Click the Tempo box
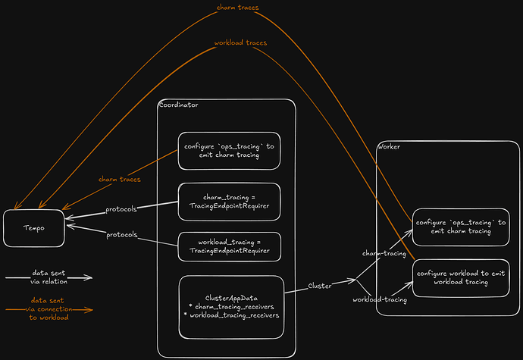33,228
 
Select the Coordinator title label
179,105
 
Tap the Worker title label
390,146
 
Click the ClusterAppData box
231,306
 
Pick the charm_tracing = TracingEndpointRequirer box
229,202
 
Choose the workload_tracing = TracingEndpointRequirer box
229,246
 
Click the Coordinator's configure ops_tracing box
229,151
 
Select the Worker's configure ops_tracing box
462,227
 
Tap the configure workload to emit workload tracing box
462,277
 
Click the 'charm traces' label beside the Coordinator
120,180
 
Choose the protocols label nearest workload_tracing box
122,234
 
